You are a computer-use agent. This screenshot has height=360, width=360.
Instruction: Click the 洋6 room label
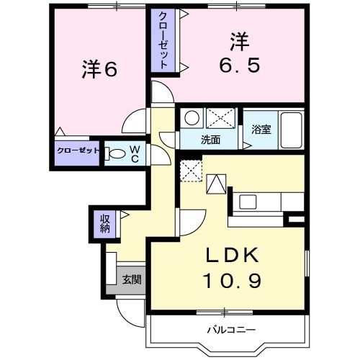(x=99, y=70)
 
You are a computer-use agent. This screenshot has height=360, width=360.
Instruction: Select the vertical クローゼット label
(x=164, y=40)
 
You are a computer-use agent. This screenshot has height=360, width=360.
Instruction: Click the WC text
(x=134, y=153)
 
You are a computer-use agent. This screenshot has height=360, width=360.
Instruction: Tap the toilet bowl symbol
(x=116, y=153)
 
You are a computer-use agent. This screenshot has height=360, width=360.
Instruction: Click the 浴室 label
(x=260, y=131)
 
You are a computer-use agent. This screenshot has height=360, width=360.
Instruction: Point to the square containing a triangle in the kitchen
(x=217, y=186)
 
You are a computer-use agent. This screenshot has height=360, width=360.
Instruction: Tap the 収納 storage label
(x=105, y=223)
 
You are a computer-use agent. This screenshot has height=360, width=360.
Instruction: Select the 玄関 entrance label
(x=131, y=279)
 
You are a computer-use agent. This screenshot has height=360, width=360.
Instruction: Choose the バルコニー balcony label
(x=232, y=330)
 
